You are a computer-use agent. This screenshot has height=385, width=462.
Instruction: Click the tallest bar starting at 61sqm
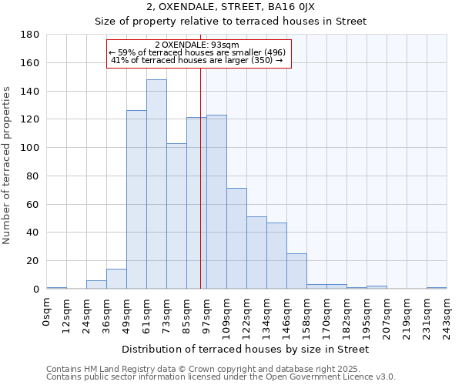point(156,185)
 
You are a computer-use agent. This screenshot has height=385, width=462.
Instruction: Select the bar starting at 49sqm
point(136,200)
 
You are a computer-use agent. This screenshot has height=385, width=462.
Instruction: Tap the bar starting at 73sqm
point(176,216)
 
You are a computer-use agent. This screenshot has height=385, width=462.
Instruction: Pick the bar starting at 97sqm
point(216,192)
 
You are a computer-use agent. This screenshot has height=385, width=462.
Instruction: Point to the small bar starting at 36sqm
point(116,279)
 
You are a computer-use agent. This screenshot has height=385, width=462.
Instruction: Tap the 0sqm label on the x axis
point(47,310)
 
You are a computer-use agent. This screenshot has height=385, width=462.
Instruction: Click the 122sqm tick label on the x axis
point(246,313)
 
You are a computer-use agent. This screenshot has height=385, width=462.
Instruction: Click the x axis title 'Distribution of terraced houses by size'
point(246,350)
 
